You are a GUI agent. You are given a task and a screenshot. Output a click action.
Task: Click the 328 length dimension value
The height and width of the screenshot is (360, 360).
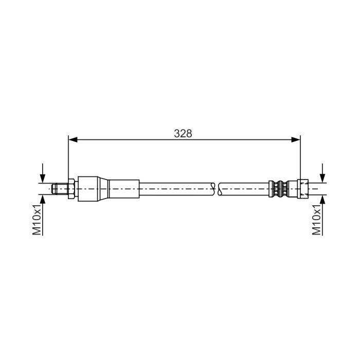[183, 133]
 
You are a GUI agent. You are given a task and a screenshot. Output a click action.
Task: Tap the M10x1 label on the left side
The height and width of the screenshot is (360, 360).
[37, 219]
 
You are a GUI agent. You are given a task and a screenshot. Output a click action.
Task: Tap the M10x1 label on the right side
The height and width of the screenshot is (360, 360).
[317, 219]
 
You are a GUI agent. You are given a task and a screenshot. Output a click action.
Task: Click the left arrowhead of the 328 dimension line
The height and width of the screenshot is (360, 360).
[73, 139]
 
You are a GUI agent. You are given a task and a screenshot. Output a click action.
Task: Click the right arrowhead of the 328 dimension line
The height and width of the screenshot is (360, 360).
[296, 139]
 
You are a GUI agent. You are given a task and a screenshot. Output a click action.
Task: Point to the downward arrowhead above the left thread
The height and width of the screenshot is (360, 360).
[43, 178]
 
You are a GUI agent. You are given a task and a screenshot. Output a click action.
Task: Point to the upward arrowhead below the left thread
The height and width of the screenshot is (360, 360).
[43, 200]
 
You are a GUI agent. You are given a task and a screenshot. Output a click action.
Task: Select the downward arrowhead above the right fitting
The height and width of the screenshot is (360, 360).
[322, 178]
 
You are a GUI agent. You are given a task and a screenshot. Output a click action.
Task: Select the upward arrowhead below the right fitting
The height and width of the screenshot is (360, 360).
[322, 200]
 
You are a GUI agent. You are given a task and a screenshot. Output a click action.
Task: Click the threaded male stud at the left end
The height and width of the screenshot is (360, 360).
[60, 189]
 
